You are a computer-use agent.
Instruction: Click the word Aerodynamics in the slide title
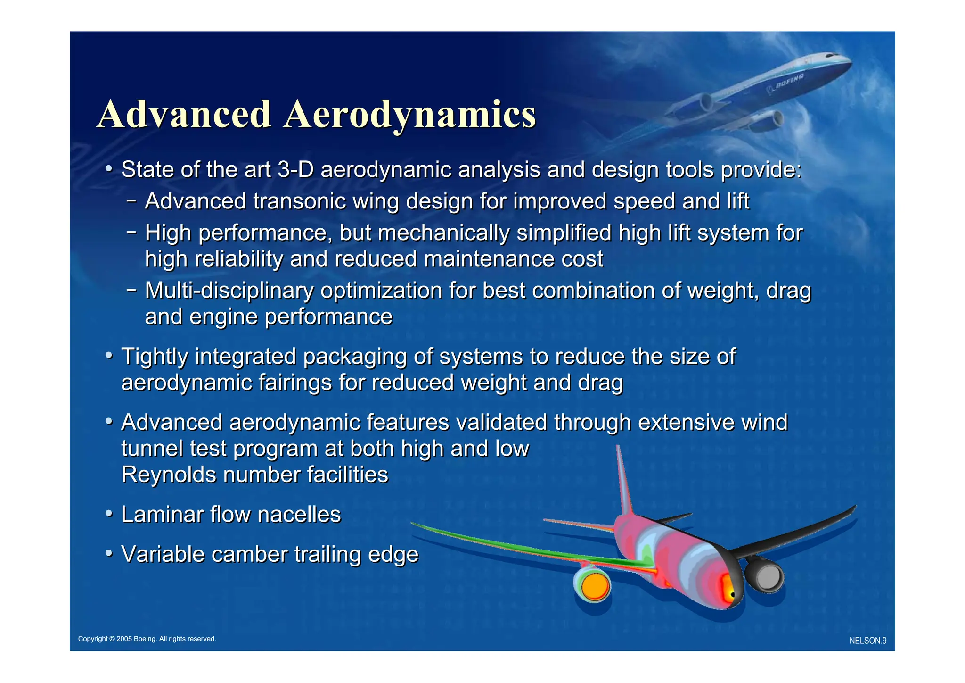point(409,115)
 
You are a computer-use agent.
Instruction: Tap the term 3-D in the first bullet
point(295,170)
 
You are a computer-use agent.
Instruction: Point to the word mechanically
point(443,233)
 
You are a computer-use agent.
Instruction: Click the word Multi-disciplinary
point(229,291)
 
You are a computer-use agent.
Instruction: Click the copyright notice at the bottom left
point(147,639)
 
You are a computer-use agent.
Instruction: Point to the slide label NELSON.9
point(867,641)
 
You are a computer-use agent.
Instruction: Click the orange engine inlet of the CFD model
point(595,586)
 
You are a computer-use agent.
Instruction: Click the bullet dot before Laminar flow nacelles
point(109,513)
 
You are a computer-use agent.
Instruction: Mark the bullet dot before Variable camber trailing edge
point(109,553)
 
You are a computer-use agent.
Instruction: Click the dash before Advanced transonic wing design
point(131,201)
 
